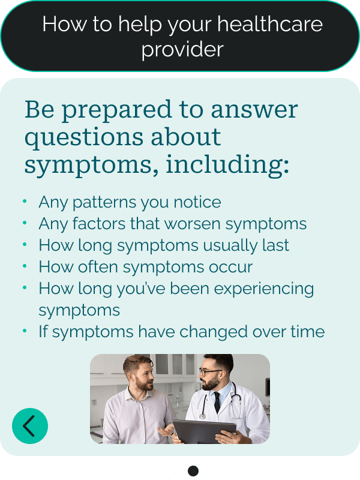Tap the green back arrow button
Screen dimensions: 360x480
[x=30, y=426]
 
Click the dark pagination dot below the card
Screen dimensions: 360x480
[x=193, y=471]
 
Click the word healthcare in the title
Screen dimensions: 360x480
[x=270, y=24]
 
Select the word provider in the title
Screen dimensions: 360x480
[x=182, y=50]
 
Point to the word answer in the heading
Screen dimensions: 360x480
[x=254, y=109]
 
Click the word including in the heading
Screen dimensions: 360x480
[x=227, y=164]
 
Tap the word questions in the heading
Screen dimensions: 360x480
[x=84, y=137]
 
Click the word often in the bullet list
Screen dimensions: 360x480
[x=98, y=266]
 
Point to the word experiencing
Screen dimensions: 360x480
[x=264, y=289]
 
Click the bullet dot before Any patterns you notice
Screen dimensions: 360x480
[x=25, y=201]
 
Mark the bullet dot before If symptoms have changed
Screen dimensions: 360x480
[x=25, y=331]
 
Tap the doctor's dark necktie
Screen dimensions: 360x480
[x=217, y=401]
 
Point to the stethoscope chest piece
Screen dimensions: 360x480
[x=202, y=416]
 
